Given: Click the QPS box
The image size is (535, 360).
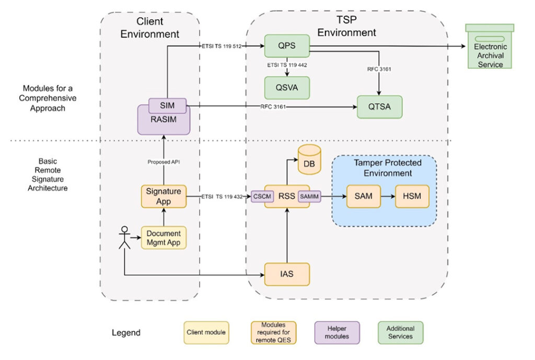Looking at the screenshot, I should pyautogui.click(x=287, y=45).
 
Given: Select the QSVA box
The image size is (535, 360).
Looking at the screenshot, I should pyautogui.click(x=287, y=88).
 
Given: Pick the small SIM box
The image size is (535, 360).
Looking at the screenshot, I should pyautogui.click(x=168, y=106).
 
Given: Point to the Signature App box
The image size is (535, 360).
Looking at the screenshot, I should pyautogui.click(x=164, y=196).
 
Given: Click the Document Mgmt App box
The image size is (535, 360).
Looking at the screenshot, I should pyautogui.click(x=164, y=238).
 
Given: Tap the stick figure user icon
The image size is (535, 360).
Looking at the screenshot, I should pyautogui.click(x=124, y=238).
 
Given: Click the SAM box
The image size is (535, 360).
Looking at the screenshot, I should pyautogui.click(x=363, y=196).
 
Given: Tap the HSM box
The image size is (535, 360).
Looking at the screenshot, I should pyautogui.click(x=411, y=196).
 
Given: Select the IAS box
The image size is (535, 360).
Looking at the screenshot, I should pyautogui.click(x=287, y=274).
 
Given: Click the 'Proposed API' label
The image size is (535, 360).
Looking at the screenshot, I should pyautogui.click(x=164, y=162).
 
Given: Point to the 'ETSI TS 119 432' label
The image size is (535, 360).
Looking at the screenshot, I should pyautogui.click(x=222, y=196).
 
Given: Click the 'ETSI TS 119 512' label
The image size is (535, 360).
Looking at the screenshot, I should pyautogui.click(x=222, y=46).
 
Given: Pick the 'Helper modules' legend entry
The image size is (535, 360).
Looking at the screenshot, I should pyautogui.click(x=338, y=332).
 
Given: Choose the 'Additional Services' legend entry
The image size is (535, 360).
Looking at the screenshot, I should pyautogui.click(x=400, y=332).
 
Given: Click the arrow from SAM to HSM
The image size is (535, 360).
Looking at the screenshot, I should pyautogui.click(x=387, y=196).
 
